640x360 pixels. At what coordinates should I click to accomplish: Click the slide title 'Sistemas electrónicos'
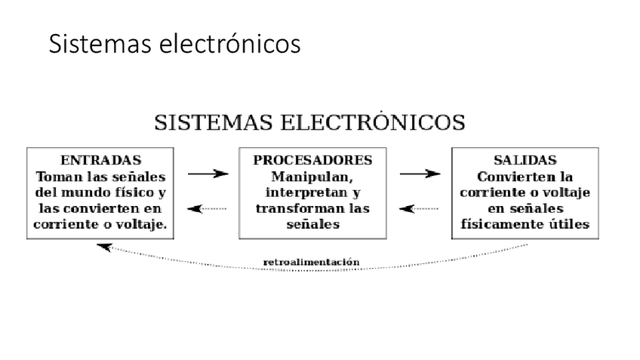(174, 45)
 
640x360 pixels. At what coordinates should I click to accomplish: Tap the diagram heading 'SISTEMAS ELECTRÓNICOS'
(309, 122)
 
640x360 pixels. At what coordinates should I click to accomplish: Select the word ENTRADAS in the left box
(100, 161)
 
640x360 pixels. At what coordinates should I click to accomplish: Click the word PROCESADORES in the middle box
(312, 161)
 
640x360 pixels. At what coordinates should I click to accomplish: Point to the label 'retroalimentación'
(311, 263)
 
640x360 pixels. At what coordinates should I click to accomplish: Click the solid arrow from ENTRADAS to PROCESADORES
(208, 174)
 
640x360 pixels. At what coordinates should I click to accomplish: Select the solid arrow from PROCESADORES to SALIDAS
(420, 174)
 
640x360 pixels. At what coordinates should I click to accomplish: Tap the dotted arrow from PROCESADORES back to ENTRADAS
(208, 208)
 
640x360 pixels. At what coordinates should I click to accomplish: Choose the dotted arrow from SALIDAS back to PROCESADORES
(420, 208)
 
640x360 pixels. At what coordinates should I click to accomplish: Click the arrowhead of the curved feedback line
(104, 246)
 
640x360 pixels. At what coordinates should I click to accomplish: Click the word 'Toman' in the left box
(57, 177)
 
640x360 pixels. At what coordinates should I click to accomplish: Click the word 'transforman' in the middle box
(291, 208)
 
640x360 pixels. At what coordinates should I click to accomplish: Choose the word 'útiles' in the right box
(571, 224)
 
